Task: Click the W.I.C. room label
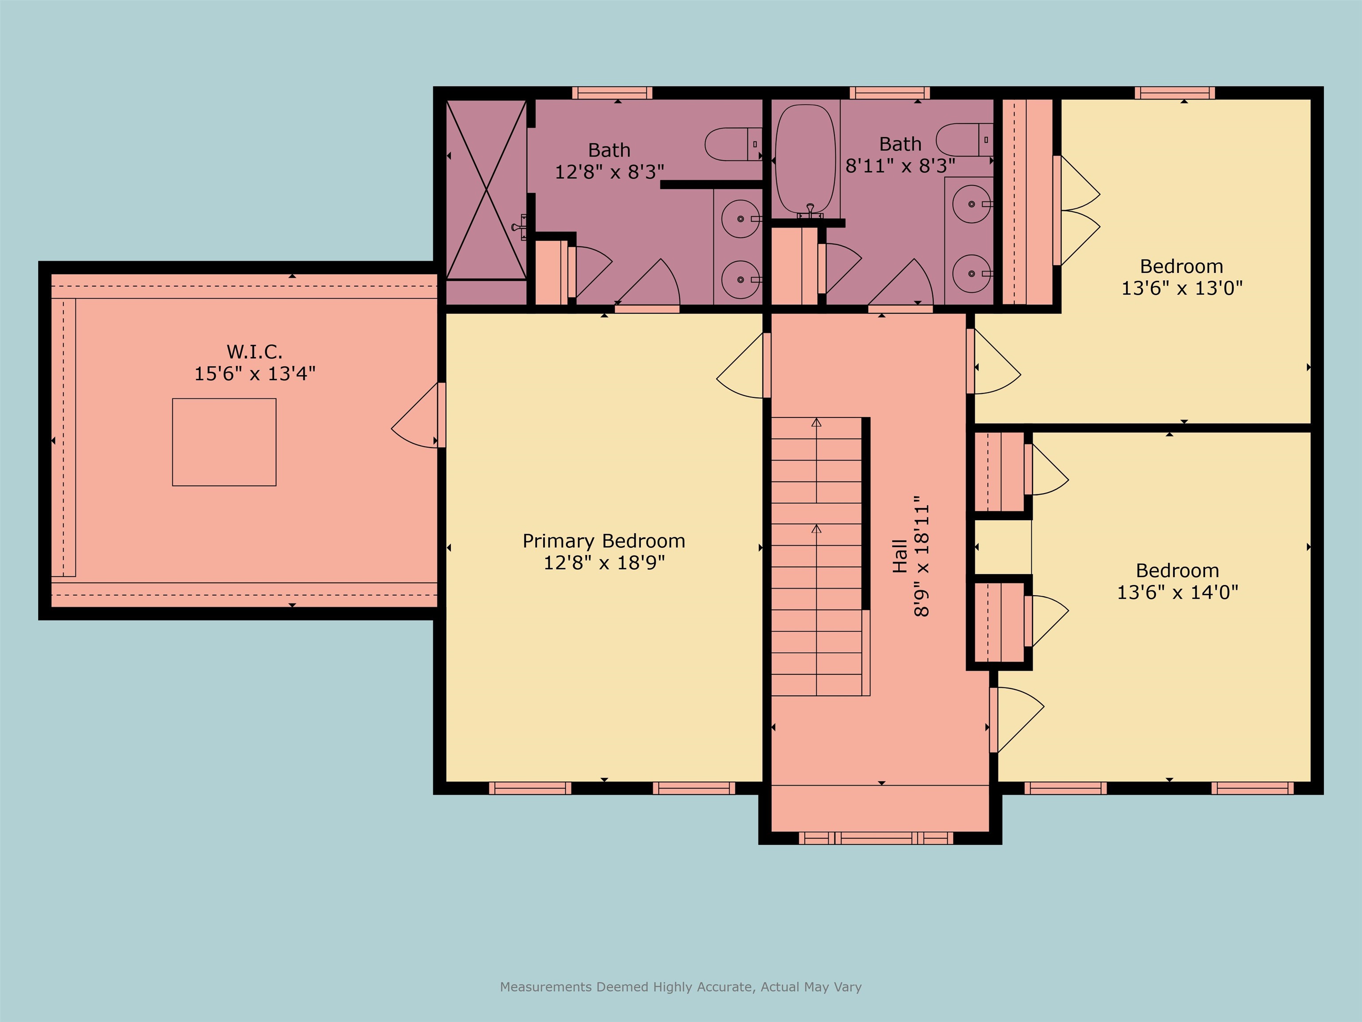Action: pos(254,352)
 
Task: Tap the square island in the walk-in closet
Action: pos(224,442)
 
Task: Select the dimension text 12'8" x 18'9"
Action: pos(603,562)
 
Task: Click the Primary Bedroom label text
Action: pos(603,541)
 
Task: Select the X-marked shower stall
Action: pos(486,190)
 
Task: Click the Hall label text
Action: pos(900,556)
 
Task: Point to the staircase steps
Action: pos(817,556)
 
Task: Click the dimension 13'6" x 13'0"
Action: pos(1182,288)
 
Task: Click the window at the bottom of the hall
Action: pos(876,838)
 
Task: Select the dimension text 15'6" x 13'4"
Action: pos(254,373)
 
